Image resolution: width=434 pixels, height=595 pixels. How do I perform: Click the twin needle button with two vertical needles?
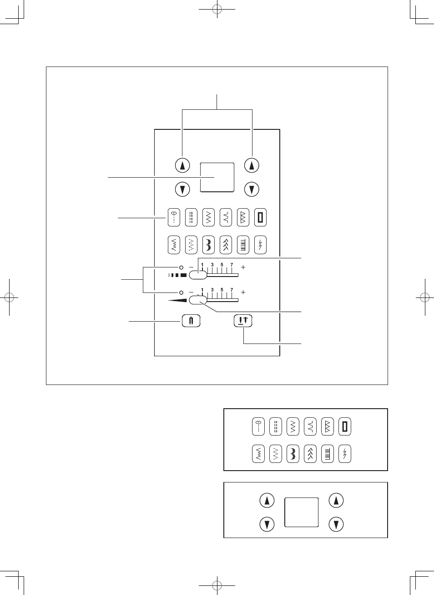[x=191, y=321]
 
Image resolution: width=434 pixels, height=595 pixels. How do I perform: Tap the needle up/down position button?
[x=243, y=321]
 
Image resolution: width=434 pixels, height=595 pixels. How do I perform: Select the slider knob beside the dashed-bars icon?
[x=198, y=275]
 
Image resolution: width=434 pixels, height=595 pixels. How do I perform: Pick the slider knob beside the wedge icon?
[x=198, y=300]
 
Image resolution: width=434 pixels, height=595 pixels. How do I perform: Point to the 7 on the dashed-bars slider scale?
[x=232, y=265]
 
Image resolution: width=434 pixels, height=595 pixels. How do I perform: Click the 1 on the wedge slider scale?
[x=202, y=290]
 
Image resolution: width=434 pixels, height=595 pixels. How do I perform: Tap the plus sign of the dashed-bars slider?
[x=243, y=267]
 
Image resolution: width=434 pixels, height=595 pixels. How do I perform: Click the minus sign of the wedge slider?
[x=191, y=292]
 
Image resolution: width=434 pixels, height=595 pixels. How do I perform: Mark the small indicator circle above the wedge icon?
[x=181, y=292]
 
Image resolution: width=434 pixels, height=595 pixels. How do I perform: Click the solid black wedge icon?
[x=178, y=300]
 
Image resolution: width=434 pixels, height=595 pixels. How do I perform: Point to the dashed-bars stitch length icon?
[x=177, y=275]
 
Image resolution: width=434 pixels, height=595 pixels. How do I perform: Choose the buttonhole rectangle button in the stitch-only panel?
[x=344, y=426]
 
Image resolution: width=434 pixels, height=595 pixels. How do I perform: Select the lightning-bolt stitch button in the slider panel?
[x=260, y=245]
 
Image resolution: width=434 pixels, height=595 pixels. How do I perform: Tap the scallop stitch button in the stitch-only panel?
[x=293, y=454]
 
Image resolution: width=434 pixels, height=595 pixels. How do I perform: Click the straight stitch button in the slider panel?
[x=174, y=217]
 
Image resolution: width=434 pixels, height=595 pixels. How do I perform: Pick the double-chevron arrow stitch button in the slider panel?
[x=226, y=245]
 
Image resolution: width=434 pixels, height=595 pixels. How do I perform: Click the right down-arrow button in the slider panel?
[x=252, y=190]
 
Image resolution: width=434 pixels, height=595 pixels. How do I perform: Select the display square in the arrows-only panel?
[x=301, y=512]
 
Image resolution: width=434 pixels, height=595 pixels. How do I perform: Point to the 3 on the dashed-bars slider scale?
[x=212, y=265]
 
